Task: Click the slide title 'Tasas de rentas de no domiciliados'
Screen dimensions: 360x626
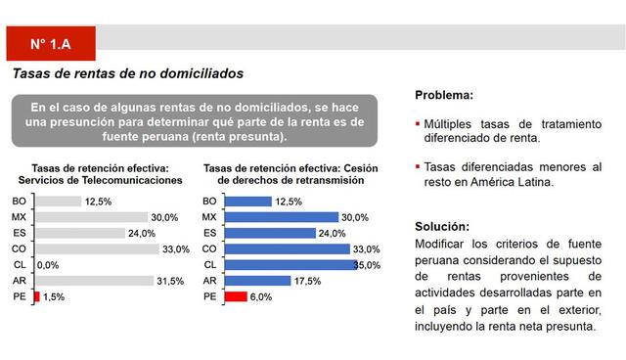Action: [126, 73]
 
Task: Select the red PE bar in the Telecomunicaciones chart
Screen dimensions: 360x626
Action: [37, 296]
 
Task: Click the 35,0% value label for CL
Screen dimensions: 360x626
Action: [366, 264]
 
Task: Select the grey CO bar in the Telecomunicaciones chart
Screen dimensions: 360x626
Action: [96, 248]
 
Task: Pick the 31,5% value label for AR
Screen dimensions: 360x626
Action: [170, 281]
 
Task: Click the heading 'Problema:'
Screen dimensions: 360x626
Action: [444, 95]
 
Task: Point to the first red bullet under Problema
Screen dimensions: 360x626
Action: [418, 124]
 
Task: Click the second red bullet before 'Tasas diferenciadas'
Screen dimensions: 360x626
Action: [418, 167]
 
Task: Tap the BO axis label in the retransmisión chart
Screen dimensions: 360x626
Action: [209, 201]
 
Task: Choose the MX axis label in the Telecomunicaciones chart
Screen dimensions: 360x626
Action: [19, 216]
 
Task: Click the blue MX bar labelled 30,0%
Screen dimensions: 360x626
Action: [281, 216]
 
